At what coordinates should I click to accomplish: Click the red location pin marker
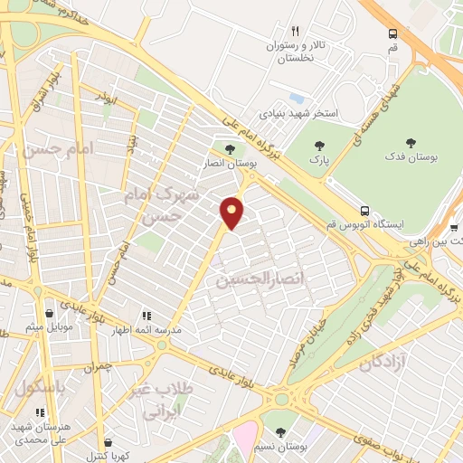[232, 213]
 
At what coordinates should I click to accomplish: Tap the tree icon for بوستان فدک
[411, 143]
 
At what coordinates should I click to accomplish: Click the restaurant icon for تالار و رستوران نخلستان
[294, 31]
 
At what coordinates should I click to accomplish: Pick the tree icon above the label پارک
[317, 145]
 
